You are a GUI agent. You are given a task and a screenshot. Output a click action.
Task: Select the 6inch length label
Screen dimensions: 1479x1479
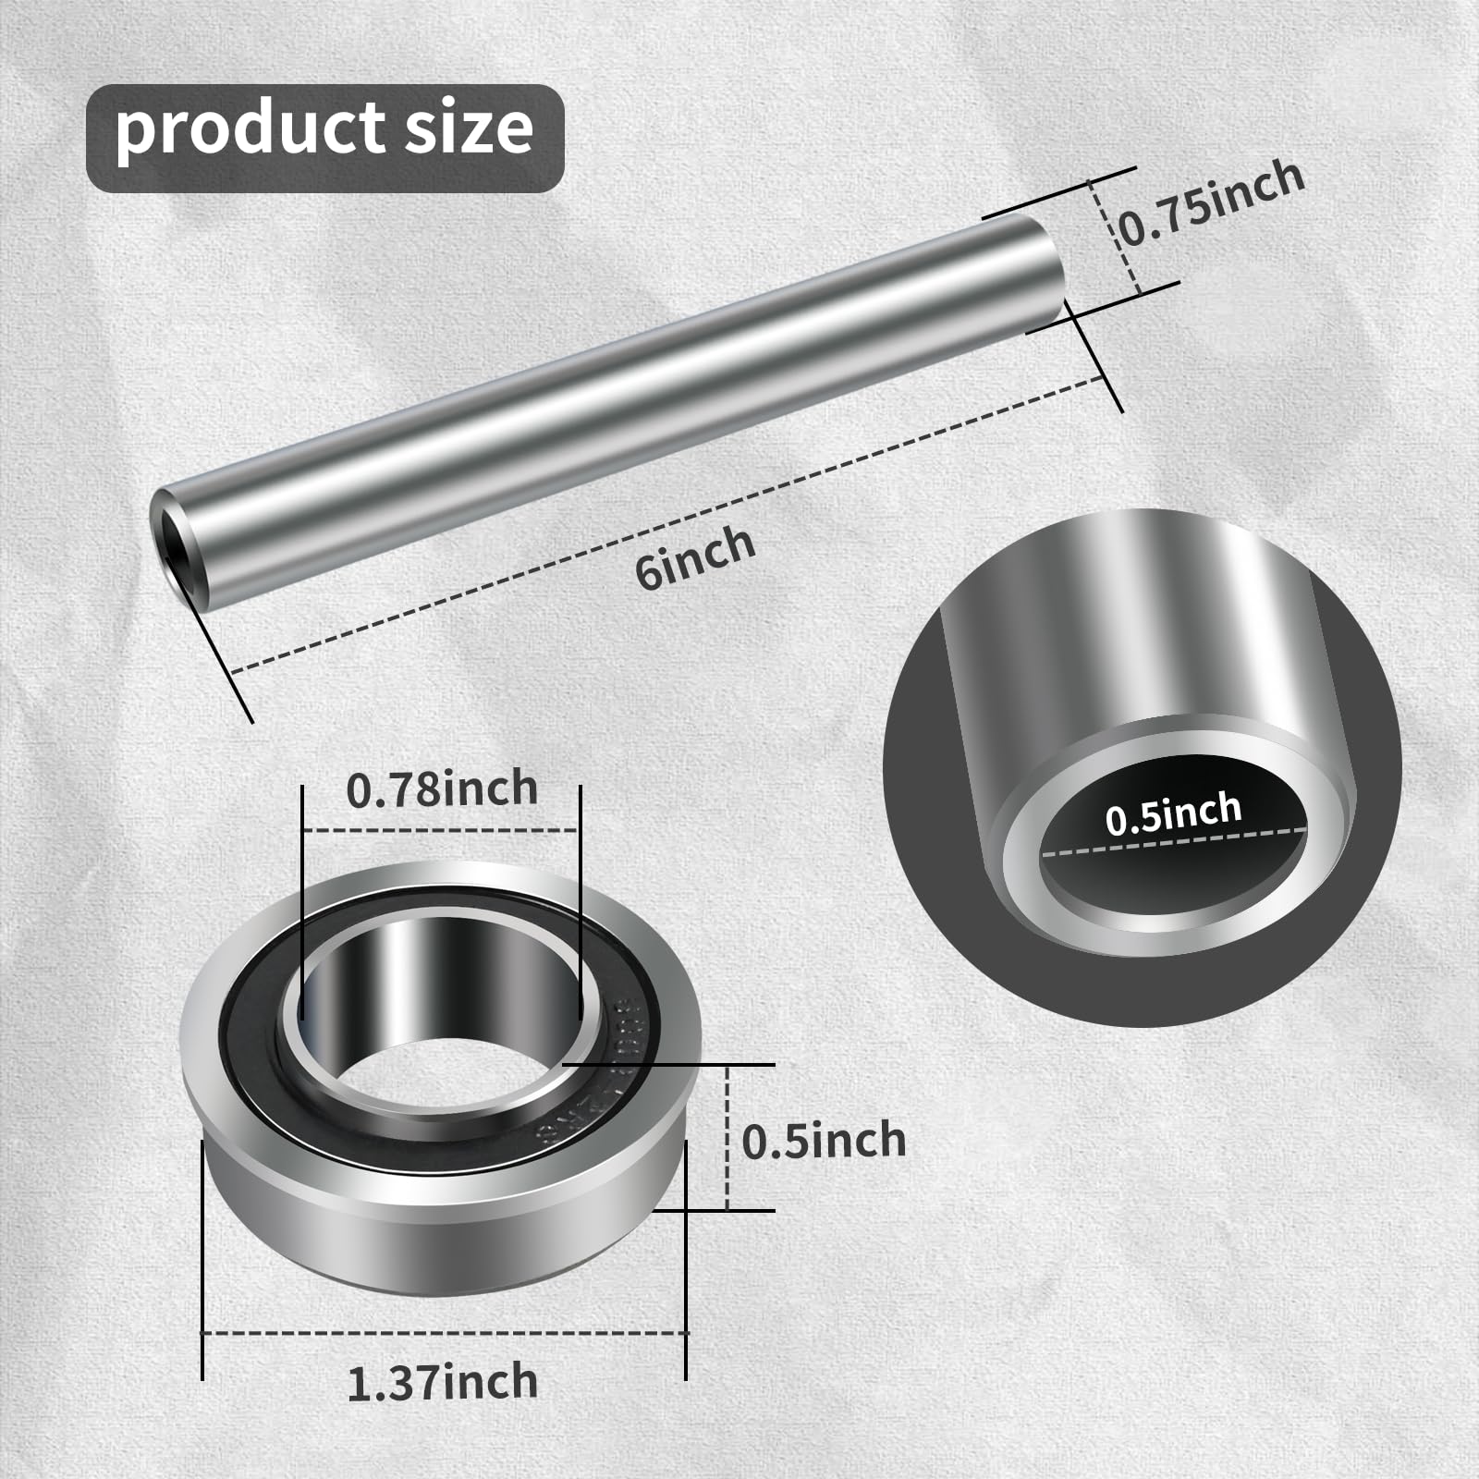(x=695, y=556)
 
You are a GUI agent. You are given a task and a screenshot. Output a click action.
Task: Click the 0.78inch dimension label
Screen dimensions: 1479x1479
(x=442, y=789)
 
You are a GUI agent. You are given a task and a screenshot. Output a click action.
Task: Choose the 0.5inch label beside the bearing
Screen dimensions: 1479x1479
(x=824, y=1141)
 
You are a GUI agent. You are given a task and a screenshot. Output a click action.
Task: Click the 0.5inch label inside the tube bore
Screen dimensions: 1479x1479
(x=1173, y=813)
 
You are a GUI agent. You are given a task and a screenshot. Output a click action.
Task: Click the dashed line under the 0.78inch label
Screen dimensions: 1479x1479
(x=441, y=830)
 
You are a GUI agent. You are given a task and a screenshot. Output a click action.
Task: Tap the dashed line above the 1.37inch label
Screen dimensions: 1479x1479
(x=444, y=1332)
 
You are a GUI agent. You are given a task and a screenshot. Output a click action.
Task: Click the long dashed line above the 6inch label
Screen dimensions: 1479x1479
(x=666, y=522)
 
